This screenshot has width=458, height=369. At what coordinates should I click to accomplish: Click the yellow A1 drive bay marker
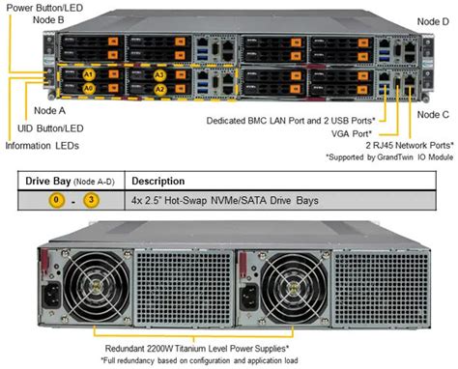(89, 73)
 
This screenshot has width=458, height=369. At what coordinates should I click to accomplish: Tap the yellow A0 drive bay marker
(89, 88)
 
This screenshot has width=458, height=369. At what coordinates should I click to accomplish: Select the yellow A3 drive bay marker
(160, 73)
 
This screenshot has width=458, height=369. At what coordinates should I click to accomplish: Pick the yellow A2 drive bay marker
(160, 88)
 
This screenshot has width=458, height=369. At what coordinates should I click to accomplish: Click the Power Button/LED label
(43, 8)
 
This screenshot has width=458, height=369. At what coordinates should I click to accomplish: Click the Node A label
(37, 111)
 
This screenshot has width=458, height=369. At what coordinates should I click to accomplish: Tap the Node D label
(432, 19)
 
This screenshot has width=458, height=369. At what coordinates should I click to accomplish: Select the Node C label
(432, 115)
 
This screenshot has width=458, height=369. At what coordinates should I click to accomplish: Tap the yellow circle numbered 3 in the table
(92, 200)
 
